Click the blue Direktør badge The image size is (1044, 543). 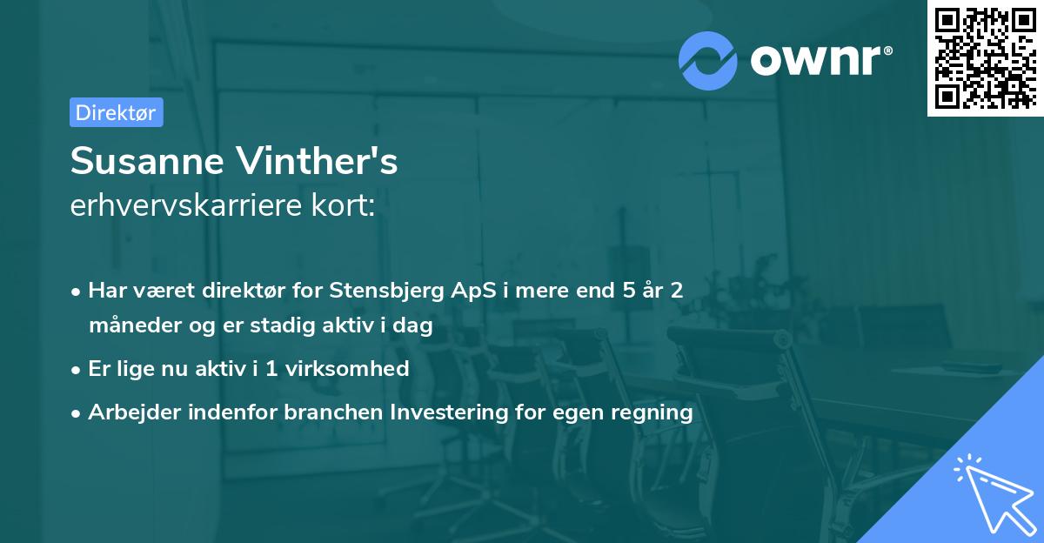click(117, 112)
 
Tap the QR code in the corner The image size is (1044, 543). click(985, 57)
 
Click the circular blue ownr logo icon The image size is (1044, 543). click(707, 61)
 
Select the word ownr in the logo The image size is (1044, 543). click(816, 60)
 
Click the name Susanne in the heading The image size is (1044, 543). click(147, 161)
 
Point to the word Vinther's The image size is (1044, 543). click(317, 160)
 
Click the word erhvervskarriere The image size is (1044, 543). click(185, 204)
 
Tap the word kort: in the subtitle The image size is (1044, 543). click(343, 204)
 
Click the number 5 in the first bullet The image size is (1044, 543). click(629, 290)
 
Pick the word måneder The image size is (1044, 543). click(135, 325)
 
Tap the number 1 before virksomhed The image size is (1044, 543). click(271, 369)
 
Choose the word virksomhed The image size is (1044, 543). click(347, 368)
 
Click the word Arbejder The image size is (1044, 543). click(134, 412)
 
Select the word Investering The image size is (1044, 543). click(449, 412)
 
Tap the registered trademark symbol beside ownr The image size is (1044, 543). click(887, 50)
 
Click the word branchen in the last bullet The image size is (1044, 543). click(334, 412)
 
